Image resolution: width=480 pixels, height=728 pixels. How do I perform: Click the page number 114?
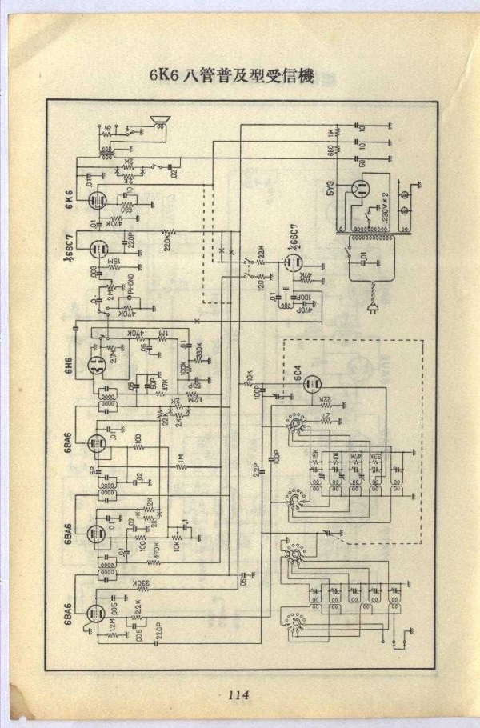(x=238, y=695)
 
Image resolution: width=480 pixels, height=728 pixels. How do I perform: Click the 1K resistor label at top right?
(x=329, y=131)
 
